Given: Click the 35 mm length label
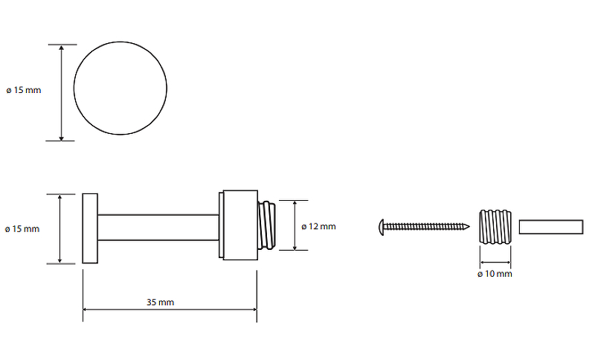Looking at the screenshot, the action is click(160, 302).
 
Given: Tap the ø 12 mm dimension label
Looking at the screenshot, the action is click(318, 226).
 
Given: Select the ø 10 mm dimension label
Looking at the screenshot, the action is click(495, 274).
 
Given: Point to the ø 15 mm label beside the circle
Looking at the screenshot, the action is click(24, 90).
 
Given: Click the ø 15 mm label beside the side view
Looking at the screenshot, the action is click(22, 229).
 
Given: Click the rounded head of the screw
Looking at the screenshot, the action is click(382, 227).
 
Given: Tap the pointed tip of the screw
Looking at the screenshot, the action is click(469, 227).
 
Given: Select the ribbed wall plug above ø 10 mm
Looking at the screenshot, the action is click(495, 226).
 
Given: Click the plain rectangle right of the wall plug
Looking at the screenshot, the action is click(551, 227).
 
